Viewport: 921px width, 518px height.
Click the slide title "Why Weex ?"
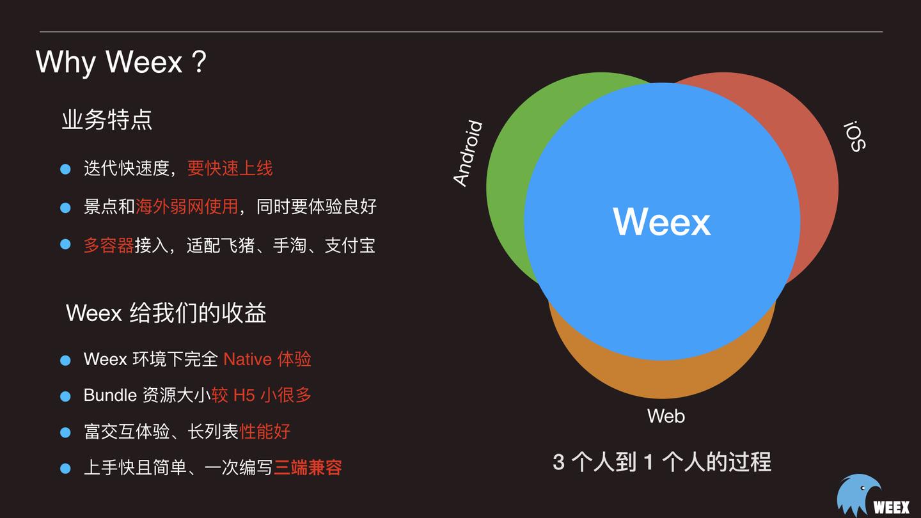[x=121, y=62]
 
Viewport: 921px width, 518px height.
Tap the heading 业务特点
[x=107, y=120]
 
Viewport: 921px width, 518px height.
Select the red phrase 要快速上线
[x=230, y=168]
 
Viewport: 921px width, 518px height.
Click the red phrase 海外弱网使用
[x=187, y=207]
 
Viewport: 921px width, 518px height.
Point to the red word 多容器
[x=109, y=245]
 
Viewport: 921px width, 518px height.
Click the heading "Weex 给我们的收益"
[x=166, y=313]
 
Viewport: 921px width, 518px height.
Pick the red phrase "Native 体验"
[x=267, y=359]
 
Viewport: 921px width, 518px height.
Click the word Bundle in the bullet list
[x=110, y=395]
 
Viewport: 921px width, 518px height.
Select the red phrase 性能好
[x=265, y=432]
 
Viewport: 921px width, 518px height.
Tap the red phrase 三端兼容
[x=308, y=467]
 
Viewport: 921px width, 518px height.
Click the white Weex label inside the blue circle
[x=662, y=221]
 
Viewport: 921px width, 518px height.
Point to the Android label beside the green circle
[x=468, y=153]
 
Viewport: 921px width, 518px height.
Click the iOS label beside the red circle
[x=854, y=136]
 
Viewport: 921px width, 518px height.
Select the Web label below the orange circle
[x=666, y=416]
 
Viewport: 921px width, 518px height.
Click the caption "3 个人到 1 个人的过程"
[x=662, y=462]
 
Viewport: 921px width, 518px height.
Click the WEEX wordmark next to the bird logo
[x=891, y=507]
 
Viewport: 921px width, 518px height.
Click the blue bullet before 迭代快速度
[x=65, y=169]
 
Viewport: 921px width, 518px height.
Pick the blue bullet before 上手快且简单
[x=65, y=468]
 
